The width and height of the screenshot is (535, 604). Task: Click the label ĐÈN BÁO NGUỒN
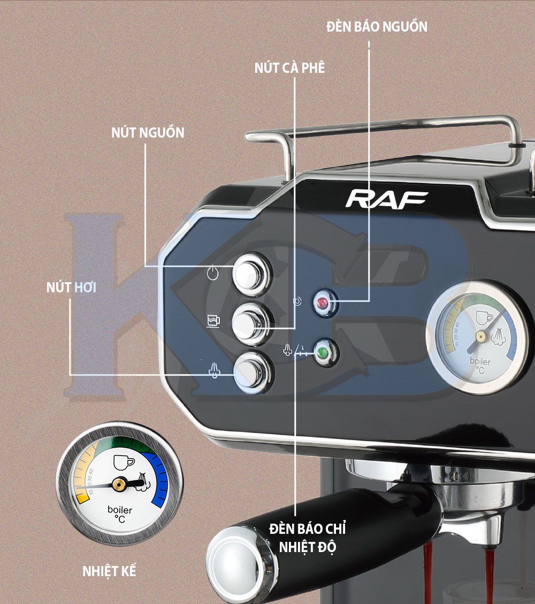coord(377,26)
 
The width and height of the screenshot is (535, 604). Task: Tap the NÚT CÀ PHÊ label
coord(289,68)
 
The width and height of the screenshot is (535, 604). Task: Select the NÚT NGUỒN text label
coord(148,132)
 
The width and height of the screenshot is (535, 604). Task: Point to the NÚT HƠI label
coord(71,288)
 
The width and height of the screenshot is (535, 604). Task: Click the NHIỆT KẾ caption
coord(109,571)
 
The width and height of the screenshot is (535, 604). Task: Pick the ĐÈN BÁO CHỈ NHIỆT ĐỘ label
coord(308,538)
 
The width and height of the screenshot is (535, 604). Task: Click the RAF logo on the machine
coord(386,199)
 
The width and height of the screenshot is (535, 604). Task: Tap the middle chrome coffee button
coord(251,323)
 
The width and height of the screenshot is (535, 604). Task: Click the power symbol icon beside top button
coord(212,273)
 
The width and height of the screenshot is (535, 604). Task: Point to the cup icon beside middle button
coord(213,321)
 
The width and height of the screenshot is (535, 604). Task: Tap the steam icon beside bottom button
coord(214,372)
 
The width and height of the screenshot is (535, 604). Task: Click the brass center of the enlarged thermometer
coord(119,484)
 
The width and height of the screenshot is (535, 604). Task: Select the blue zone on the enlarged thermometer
coord(158,480)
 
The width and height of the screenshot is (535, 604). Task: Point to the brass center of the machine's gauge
coord(480,337)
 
